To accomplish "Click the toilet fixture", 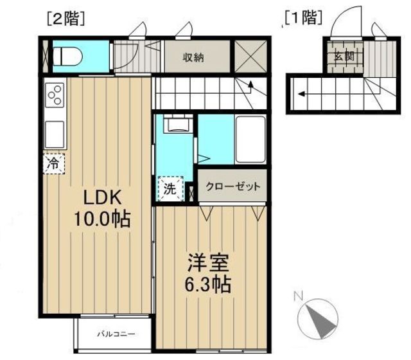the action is point(67,56).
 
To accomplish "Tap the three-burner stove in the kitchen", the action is point(55,95).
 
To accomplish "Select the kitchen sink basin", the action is point(55,134).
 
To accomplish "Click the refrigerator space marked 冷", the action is point(54,164).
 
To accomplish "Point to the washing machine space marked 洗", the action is point(170,188).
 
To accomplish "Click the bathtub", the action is point(250,139).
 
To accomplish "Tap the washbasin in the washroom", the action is point(179,123).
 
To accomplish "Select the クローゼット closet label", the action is point(232,186).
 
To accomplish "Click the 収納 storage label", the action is point(193,57).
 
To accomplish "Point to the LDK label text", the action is point(102,197).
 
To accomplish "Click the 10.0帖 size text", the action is point(102,219).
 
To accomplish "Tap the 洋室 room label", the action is point(208,263).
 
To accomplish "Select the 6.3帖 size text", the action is point(208,284).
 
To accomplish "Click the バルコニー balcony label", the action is point(116,334).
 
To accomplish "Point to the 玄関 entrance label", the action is point(344,56).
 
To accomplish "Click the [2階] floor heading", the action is point(66,19).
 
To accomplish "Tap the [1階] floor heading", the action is point(303,19).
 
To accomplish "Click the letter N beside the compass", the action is point(298,296).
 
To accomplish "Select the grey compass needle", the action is point(321,321).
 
